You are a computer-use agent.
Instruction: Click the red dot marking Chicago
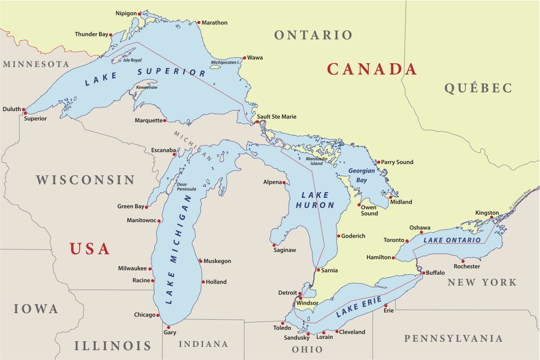coord(158,315)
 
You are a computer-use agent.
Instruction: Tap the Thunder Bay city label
coord(91,34)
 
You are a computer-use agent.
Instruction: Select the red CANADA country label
coord(372,69)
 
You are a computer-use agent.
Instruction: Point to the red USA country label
coord(90,248)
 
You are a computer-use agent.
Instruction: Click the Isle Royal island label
coord(132,60)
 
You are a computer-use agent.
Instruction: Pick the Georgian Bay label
coord(362,175)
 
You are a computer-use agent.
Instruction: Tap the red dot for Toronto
coord(407,241)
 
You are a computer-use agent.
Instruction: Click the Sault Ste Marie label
coord(277,117)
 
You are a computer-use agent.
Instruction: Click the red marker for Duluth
coord(25,111)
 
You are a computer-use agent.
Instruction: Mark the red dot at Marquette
coord(165,120)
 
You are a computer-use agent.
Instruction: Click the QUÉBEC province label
coord(478,88)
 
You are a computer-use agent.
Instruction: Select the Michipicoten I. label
coord(225,62)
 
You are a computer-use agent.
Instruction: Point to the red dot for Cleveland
coord(336,331)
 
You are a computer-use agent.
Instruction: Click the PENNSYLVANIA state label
coord(453,338)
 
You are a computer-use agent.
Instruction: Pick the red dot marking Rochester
coord(463,261)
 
